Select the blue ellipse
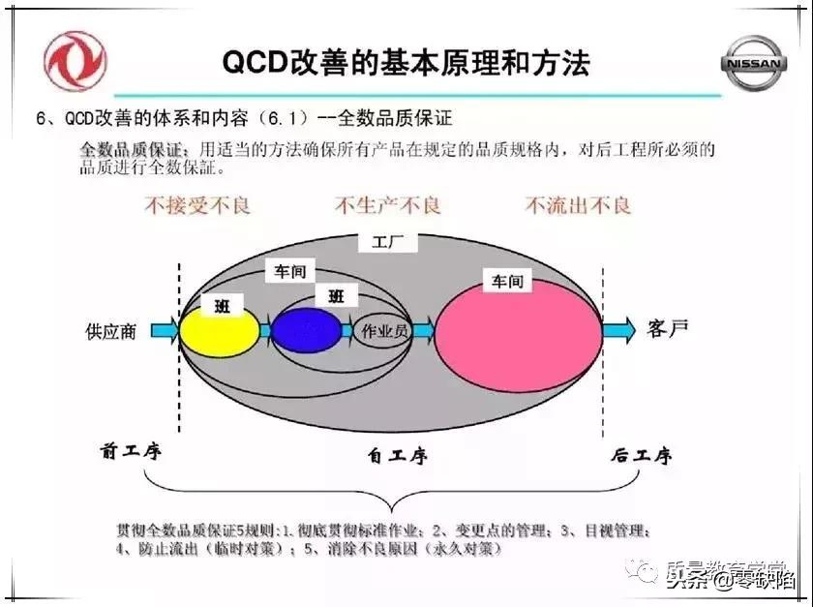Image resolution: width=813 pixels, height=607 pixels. click(x=306, y=331)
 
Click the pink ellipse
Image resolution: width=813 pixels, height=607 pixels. click(x=518, y=335)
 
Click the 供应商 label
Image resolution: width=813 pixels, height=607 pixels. click(x=112, y=331)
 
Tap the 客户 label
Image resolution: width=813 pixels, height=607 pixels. click(x=669, y=328)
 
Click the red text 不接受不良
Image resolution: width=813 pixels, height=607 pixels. click(x=197, y=206)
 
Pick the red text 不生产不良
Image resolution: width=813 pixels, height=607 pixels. click(x=387, y=206)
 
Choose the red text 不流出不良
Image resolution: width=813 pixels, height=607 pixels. click(x=578, y=206)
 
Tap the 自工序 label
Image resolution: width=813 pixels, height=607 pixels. click(x=397, y=455)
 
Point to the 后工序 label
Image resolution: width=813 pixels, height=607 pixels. click(x=641, y=455)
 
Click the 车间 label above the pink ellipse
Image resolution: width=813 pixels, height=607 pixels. click(x=507, y=282)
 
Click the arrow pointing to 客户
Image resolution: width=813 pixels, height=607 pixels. click(x=618, y=330)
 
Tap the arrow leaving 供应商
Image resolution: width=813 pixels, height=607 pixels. click(x=165, y=331)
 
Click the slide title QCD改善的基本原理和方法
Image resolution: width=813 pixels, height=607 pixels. click(x=406, y=63)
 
